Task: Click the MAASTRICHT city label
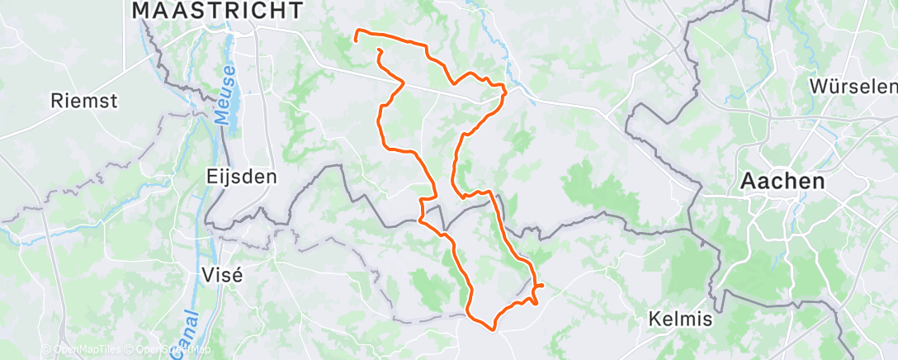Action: (x=217, y=11)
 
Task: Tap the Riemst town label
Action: (x=84, y=102)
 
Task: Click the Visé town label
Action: (x=223, y=276)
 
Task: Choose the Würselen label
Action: (x=853, y=87)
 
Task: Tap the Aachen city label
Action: (x=782, y=182)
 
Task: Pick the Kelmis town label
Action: (x=678, y=318)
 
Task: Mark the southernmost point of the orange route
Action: (x=493, y=330)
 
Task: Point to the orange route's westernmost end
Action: (x=356, y=39)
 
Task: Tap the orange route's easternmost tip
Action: (x=542, y=286)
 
